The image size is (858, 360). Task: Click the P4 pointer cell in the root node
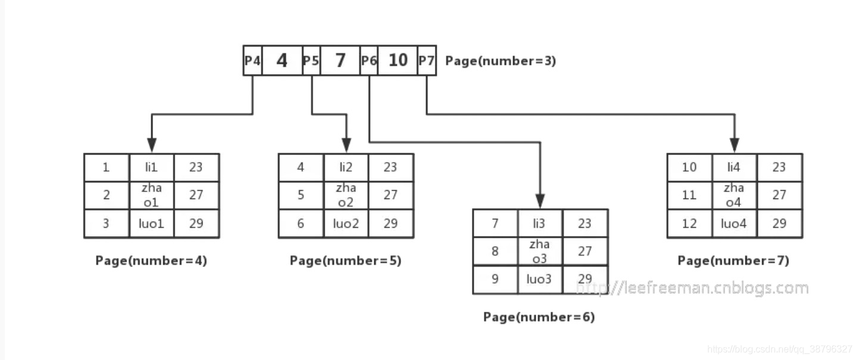[252, 61]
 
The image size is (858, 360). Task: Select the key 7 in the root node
[340, 61]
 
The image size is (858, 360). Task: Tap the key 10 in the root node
[397, 61]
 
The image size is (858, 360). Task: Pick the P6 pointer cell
[369, 61]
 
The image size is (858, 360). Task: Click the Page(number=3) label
[500, 61]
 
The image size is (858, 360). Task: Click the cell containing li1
[152, 167]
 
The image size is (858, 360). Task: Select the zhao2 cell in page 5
[346, 195]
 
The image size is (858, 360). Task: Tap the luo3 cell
[540, 280]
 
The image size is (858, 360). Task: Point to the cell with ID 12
[689, 224]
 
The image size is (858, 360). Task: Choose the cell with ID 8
[495, 251]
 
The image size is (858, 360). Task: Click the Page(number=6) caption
[539, 317]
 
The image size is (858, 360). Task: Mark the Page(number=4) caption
[151, 261]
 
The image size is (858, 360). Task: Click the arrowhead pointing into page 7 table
[734, 145]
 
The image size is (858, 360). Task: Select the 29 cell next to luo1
[196, 224]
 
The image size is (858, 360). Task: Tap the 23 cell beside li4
[779, 167]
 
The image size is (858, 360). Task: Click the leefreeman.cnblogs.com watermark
[691, 288]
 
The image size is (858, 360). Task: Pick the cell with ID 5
[300, 195]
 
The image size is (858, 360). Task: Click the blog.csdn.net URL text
[780, 349]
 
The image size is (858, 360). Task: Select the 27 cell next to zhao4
[779, 195]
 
